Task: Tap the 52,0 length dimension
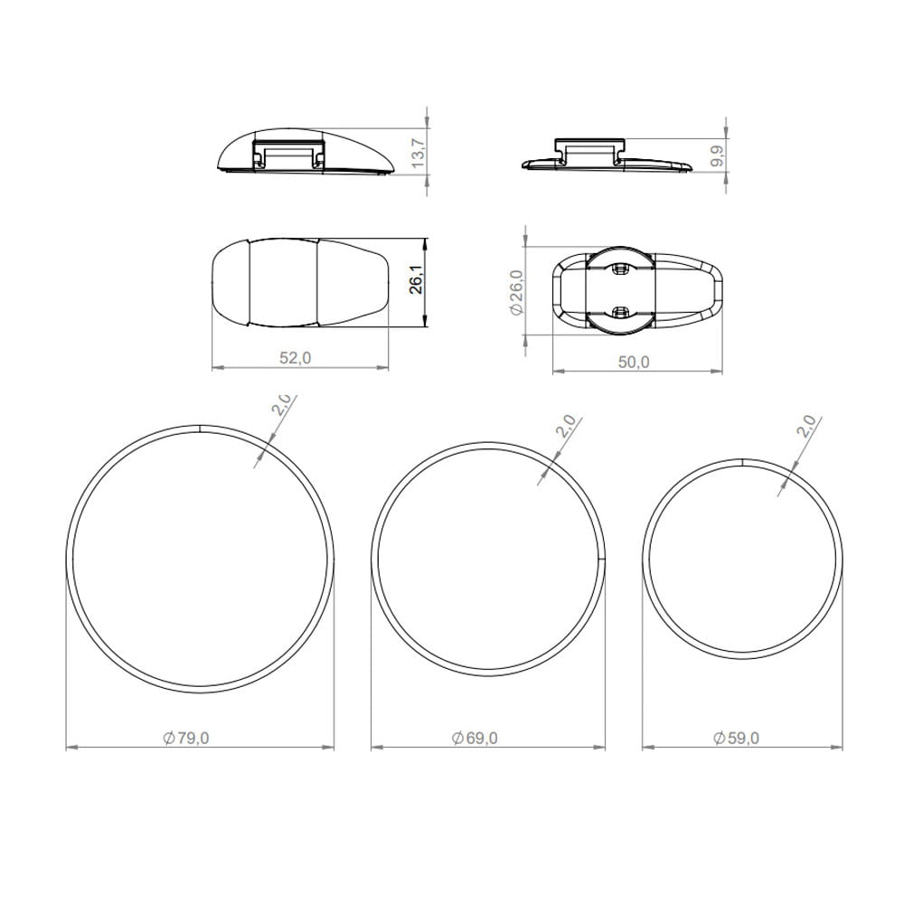295,358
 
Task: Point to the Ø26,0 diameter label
516,292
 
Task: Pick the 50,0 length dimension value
634,362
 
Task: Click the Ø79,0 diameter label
187,738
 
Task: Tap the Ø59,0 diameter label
737,738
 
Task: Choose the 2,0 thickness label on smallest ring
806,425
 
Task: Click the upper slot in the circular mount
619,268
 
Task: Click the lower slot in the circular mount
619,312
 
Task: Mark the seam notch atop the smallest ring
741,461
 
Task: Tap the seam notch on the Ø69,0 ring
601,560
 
